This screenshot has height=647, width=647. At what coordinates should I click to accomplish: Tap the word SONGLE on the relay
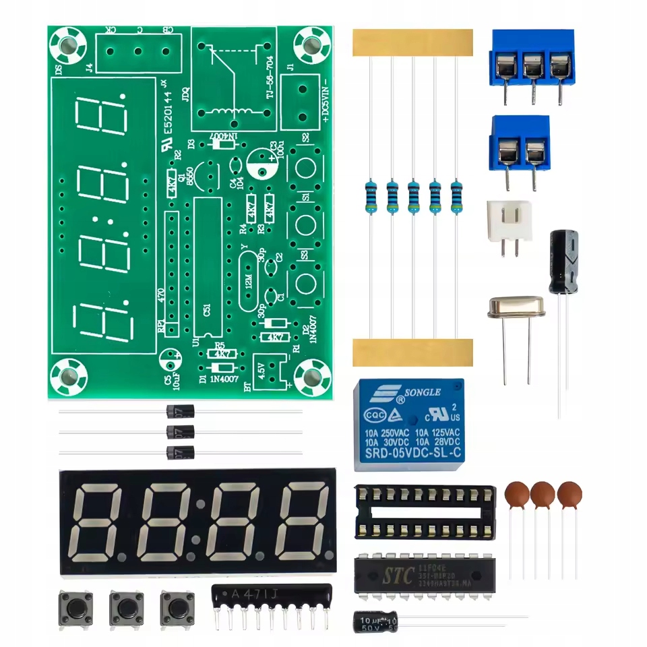[422, 392]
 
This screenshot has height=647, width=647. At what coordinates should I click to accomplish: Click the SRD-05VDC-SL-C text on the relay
[412, 455]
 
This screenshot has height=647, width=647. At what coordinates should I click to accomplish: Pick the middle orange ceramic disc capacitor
[543, 494]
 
